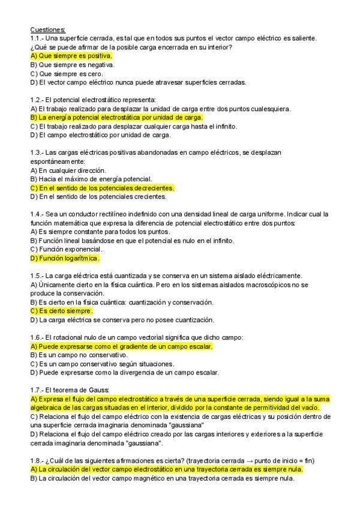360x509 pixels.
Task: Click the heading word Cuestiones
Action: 48,29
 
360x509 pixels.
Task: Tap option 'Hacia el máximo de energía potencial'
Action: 91,179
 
